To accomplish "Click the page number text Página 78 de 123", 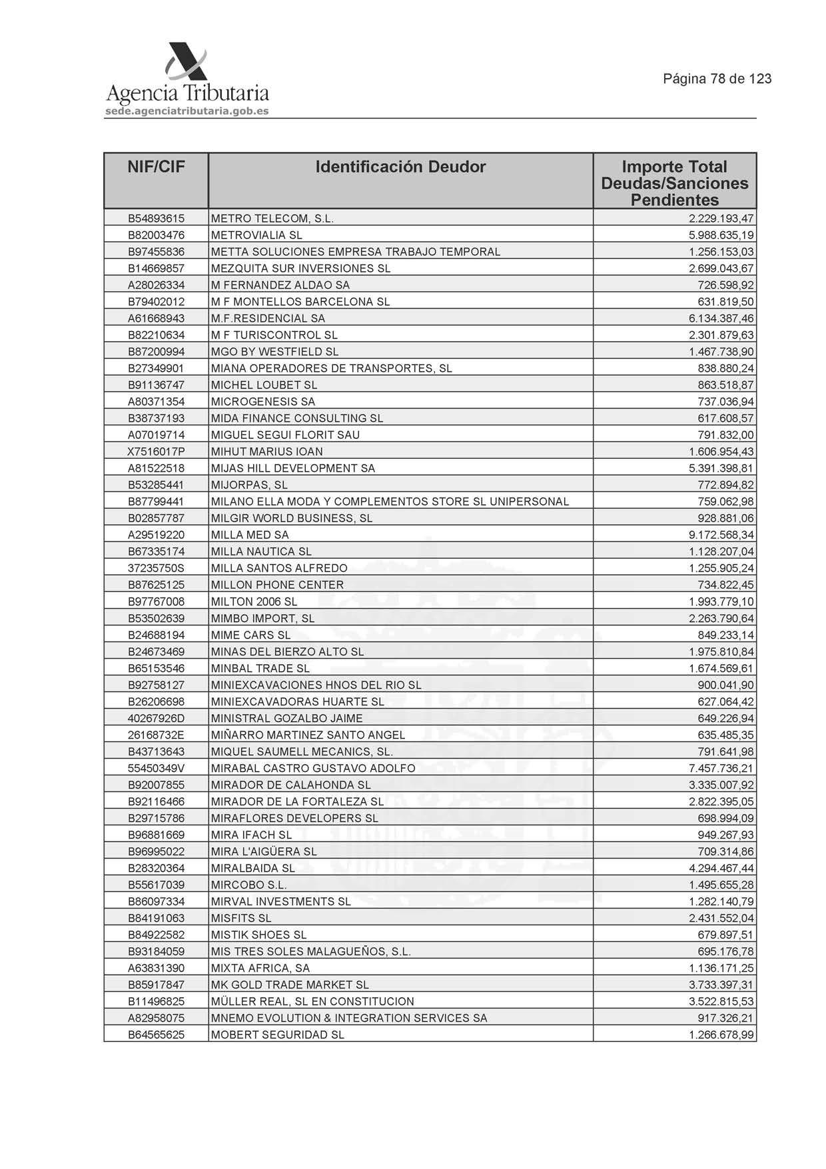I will pos(717,79).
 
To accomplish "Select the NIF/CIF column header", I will pos(156,167).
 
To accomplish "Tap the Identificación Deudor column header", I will pos(400,167).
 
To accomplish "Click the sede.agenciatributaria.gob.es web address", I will pos(187,111).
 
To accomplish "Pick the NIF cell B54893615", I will pos(156,218).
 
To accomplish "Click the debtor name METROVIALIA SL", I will pos(256,235).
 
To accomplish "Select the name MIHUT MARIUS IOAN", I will pos(266,452).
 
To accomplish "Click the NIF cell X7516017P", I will pos(156,452).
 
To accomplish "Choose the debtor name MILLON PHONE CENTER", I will pos(277,585).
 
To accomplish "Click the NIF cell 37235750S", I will pos(156,568).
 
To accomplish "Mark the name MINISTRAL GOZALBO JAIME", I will pos(286,718).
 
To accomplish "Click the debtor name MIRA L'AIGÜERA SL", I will pos(264,851).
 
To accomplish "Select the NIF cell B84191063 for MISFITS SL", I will pos(156,918).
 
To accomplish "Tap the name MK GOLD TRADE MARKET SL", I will pos(290,984).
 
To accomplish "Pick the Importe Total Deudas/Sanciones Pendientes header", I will pos(674,183).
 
